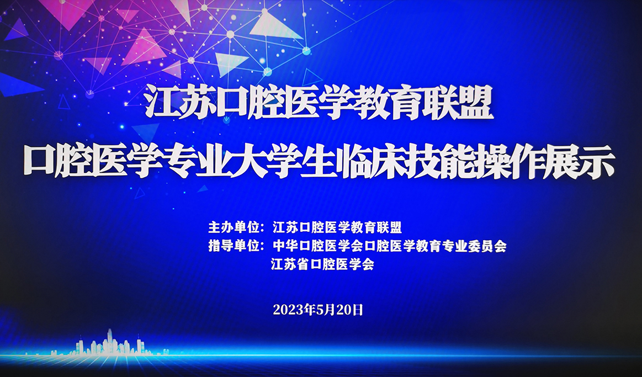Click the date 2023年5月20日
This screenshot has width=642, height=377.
tap(318, 310)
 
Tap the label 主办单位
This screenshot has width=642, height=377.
tap(232, 227)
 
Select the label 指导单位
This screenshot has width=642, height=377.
tap(232, 246)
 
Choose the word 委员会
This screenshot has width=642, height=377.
tap(487, 246)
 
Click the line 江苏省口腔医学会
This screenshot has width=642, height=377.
tap(322, 264)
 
